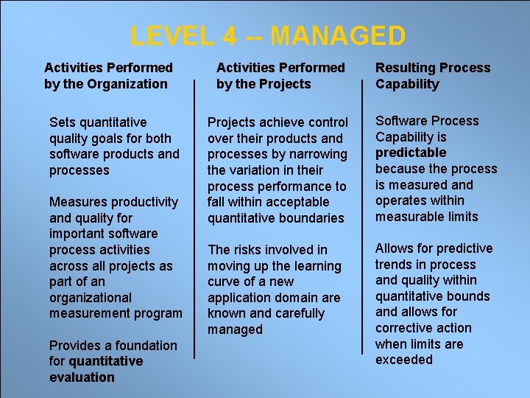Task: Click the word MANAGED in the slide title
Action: click(338, 35)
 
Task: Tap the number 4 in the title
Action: click(228, 35)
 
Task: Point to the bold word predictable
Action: click(411, 153)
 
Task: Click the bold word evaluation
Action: click(82, 377)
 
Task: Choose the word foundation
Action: click(138, 346)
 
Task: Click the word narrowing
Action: click(317, 154)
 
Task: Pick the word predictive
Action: click(464, 248)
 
